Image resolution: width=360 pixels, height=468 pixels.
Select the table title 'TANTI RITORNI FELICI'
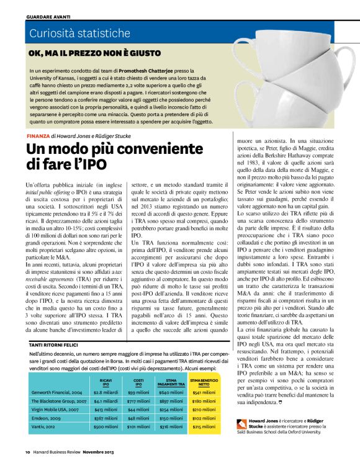(x=55, y=343)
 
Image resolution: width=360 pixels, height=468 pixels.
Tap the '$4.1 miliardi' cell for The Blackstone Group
(x=106, y=401)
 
